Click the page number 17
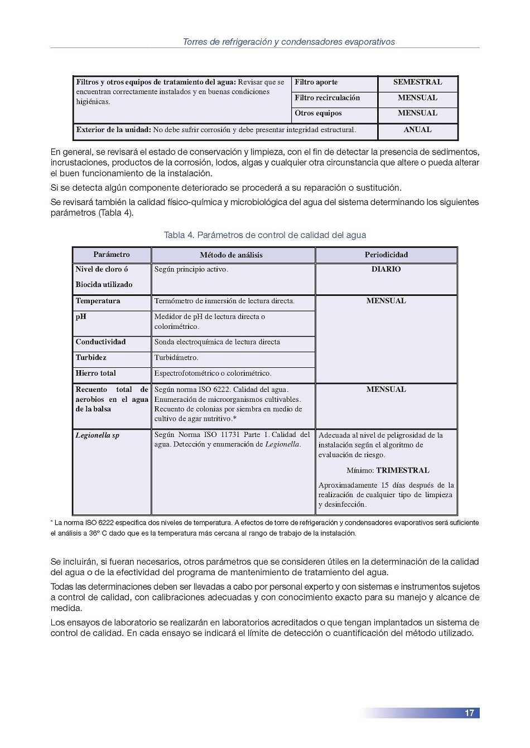coord(469,713)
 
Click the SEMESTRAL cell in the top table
coord(417,82)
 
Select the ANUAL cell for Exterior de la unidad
coord(417,130)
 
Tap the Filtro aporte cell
coord(316,82)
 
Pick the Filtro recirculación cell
coord(327,98)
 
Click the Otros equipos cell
coord(318,113)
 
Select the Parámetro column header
coord(112,255)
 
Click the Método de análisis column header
coord(231,255)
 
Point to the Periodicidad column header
coord(386,255)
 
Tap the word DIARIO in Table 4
coord(386,269)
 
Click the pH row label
coord(81,317)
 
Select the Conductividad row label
coord(101,342)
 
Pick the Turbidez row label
coord(91,357)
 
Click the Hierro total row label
coord(96,373)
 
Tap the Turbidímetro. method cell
coord(176,357)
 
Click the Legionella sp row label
coord(98,435)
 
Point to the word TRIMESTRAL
coord(402,470)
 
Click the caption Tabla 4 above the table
coord(265,235)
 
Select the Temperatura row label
coord(98,301)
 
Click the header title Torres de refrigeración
coord(288,42)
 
